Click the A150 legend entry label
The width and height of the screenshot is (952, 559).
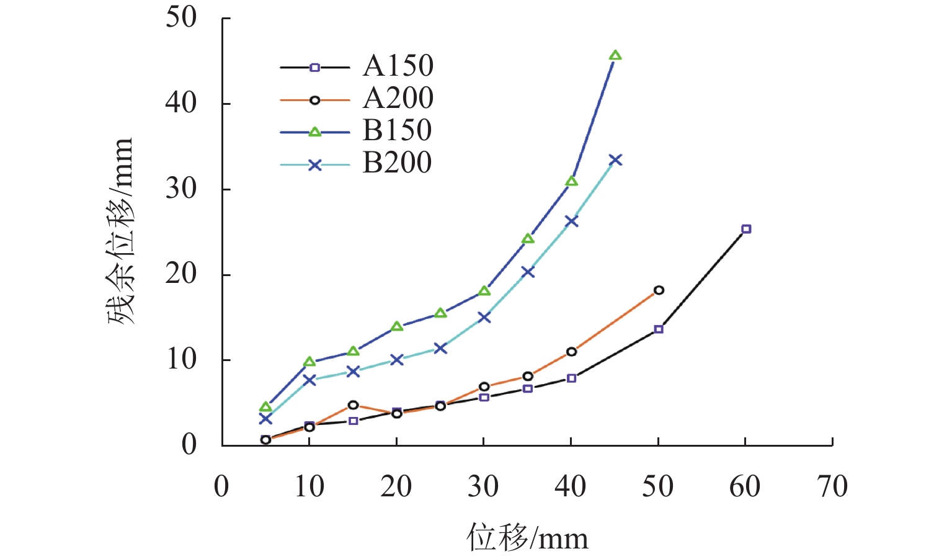click(x=398, y=66)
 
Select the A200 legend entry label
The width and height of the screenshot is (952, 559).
click(x=398, y=98)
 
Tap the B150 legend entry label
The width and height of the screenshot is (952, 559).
click(x=397, y=130)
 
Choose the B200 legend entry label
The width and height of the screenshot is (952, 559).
click(x=397, y=163)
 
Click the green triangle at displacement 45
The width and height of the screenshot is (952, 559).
click(x=615, y=56)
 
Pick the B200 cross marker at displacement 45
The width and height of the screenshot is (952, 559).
click(x=615, y=160)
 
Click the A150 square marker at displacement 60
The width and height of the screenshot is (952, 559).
click(x=746, y=229)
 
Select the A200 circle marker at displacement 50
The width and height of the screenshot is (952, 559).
click(x=659, y=290)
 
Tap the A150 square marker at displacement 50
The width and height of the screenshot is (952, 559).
click(x=659, y=329)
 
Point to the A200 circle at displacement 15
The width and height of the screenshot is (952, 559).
click(x=353, y=405)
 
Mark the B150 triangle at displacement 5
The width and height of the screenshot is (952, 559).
click(x=265, y=407)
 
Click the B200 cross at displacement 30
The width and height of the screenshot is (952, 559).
click(x=484, y=317)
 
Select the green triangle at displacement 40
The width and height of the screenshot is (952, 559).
click(x=571, y=181)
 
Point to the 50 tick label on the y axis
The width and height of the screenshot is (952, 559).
click(x=181, y=17)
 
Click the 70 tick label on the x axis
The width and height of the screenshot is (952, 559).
click(x=832, y=487)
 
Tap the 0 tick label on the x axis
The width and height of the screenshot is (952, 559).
click(x=221, y=487)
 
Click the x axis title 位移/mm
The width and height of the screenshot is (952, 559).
click(x=527, y=537)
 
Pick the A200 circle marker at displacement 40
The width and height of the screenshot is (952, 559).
click(x=571, y=352)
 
